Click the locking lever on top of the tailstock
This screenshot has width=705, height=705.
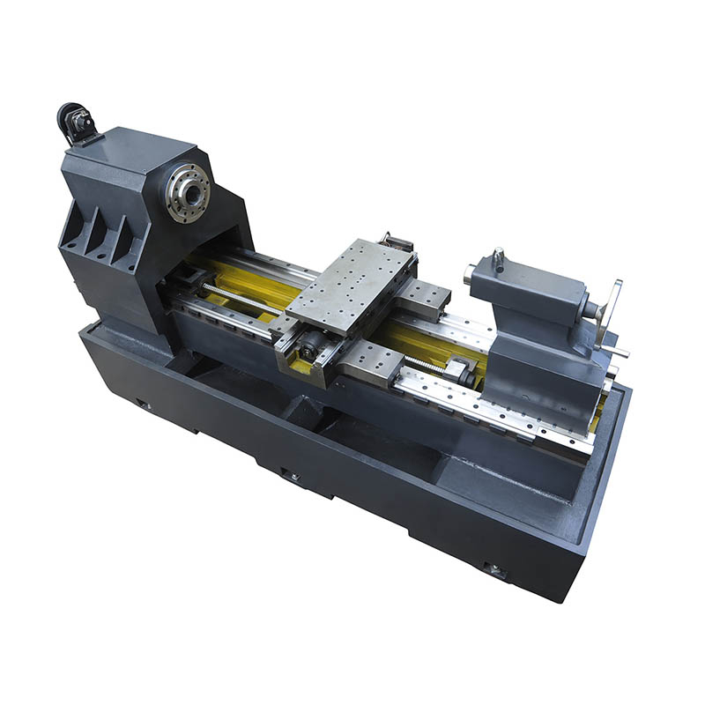tap(499, 258)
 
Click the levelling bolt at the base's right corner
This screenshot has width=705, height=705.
tap(496, 570)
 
